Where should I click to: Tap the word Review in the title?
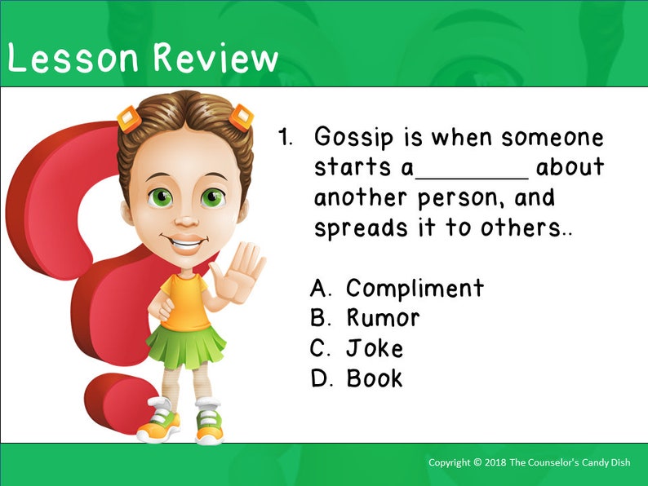(x=215, y=59)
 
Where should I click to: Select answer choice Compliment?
(x=415, y=288)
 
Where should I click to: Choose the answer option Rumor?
(x=383, y=318)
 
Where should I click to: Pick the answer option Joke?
(x=375, y=348)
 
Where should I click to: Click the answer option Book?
(x=375, y=378)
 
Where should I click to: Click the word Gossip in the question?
(x=360, y=138)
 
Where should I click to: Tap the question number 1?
(x=285, y=137)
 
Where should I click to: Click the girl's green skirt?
(x=185, y=342)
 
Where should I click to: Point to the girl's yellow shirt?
(x=187, y=298)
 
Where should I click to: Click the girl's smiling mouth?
(x=187, y=241)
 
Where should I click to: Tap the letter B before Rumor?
(x=319, y=318)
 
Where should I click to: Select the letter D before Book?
(x=319, y=378)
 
